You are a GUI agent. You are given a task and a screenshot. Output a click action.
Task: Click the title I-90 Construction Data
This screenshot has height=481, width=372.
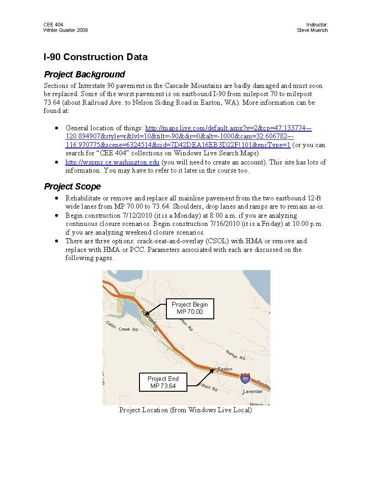tap(96, 57)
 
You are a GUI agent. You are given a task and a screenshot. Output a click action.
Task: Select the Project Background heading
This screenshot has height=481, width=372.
tap(84, 74)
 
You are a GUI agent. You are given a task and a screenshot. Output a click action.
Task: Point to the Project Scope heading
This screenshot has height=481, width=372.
tap(72, 186)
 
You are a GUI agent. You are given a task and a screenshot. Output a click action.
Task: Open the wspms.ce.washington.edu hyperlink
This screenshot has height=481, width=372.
tap(112, 162)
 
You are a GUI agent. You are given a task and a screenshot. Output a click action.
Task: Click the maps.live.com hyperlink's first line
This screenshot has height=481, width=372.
tap(228, 128)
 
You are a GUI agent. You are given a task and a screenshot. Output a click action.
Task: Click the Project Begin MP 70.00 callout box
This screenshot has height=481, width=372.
tap(190, 308)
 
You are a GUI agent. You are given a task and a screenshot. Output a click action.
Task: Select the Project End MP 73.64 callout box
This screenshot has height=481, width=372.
tap(163, 382)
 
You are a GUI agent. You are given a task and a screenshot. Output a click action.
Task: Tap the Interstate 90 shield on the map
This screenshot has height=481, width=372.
tap(245, 378)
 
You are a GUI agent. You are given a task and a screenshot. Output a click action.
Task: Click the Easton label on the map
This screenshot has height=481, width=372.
tap(225, 369)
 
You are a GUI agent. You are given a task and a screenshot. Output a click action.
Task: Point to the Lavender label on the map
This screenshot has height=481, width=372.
tap(253, 392)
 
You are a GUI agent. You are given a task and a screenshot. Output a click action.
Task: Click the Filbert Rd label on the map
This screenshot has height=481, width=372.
tap(209, 389)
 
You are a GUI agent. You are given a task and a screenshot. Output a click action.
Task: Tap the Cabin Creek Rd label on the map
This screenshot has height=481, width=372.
tap(122, 327)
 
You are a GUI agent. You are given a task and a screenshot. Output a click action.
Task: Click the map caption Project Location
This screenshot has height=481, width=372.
tap(185, 410)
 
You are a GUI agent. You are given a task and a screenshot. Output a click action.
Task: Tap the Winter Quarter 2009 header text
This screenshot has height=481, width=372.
tap(66, 31)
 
